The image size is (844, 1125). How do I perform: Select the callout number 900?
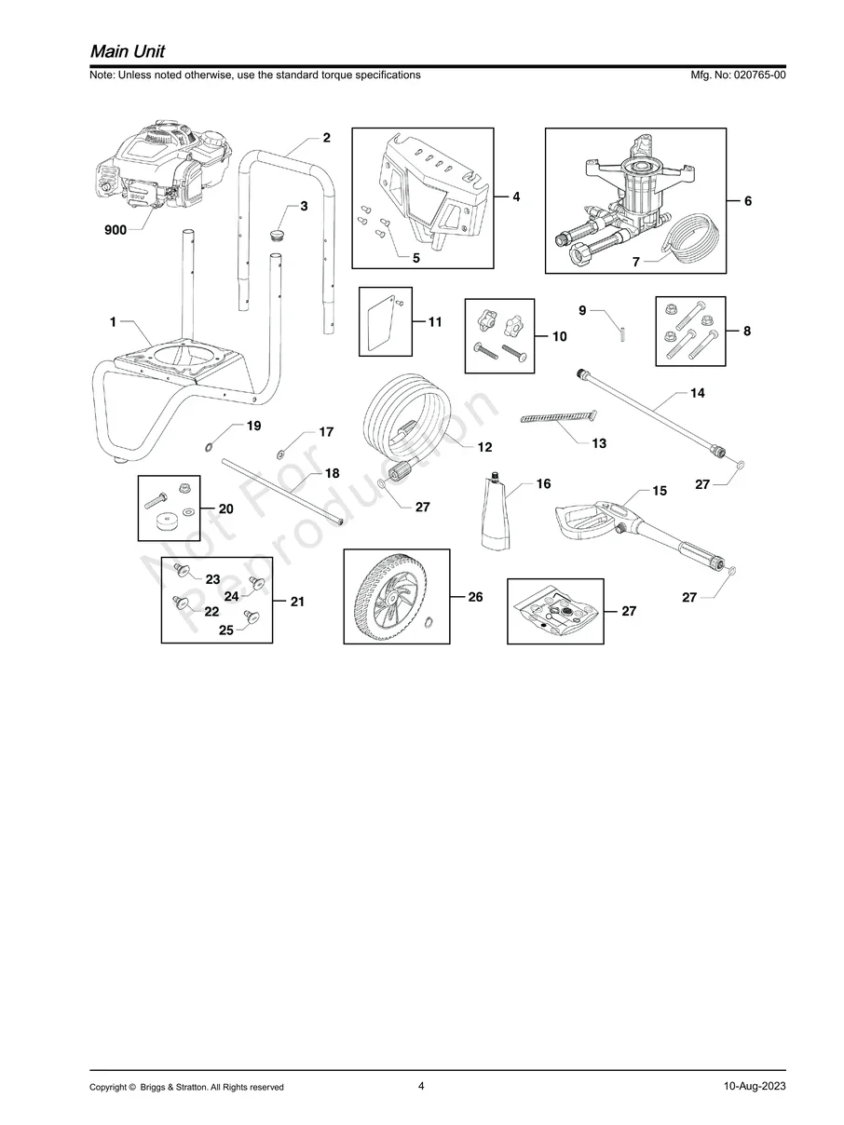click(116, 230)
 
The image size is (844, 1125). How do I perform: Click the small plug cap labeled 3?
click(276, 231)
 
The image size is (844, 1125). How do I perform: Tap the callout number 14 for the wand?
click(697, 393)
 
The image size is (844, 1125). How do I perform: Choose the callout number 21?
click(297, 602)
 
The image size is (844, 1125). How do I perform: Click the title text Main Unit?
click(128, 50)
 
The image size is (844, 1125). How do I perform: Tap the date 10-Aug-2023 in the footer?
click(754, 1087)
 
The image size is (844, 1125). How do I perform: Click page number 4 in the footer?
click(421, 1086)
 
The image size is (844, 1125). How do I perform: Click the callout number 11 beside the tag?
click(435, 322)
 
